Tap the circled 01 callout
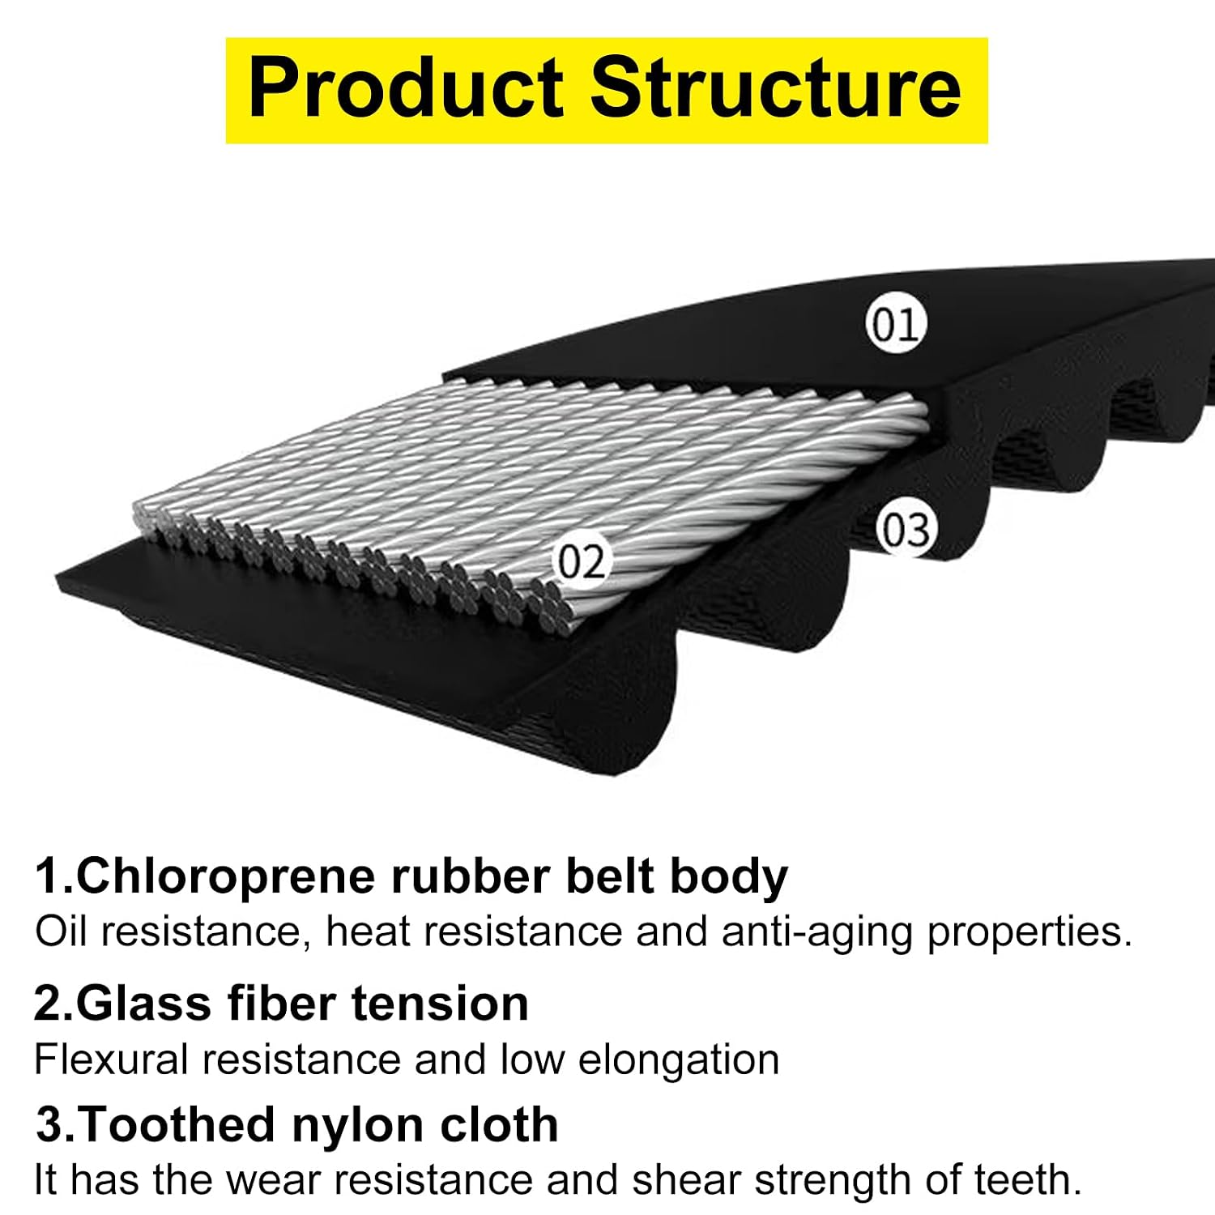coord(895,324)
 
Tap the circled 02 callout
coord(581,561)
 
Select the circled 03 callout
coord(906,531)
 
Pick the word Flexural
coord(112,1059)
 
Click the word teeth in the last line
coord(1028,1180)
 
